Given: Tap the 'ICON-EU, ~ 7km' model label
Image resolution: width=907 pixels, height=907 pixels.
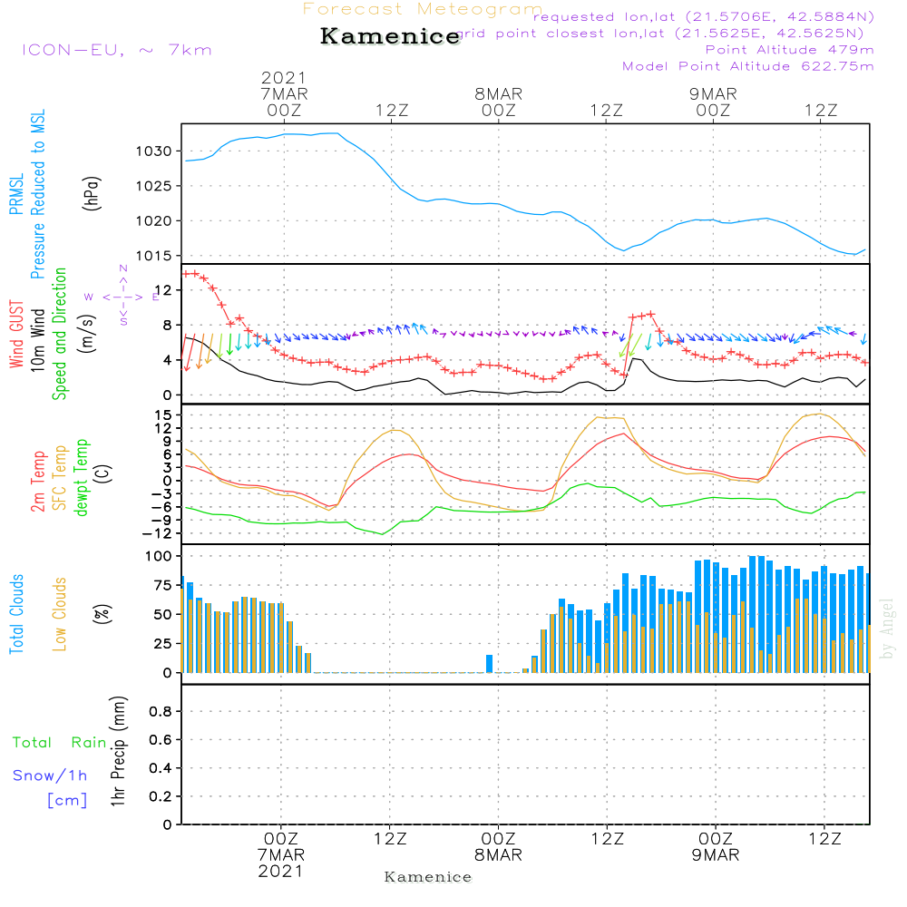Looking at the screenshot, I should coord(116,50).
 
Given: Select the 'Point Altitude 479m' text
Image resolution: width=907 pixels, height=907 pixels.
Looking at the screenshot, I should coord(789,50).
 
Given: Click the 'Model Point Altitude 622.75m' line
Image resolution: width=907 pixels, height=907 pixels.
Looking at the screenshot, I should coord(747,66).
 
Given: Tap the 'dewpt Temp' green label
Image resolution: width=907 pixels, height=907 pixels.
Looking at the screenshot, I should coord(82,478).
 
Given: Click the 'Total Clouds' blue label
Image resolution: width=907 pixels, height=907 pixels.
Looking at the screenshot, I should coord(16,614).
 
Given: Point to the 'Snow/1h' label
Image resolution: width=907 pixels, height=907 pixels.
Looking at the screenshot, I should coord(50,775).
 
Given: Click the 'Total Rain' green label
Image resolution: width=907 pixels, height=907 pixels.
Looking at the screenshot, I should coord(60,743).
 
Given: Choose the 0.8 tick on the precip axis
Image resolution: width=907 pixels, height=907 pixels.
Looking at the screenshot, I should coord(161,712).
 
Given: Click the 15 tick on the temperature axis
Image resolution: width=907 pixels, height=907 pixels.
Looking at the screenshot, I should coord(161,414).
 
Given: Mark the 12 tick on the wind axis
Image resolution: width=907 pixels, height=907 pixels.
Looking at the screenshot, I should coord(163,289).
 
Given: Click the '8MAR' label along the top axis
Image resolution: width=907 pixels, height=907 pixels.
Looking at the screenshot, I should coord(498,93).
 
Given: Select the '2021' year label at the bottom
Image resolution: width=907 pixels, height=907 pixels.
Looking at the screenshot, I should coord(281,871).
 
